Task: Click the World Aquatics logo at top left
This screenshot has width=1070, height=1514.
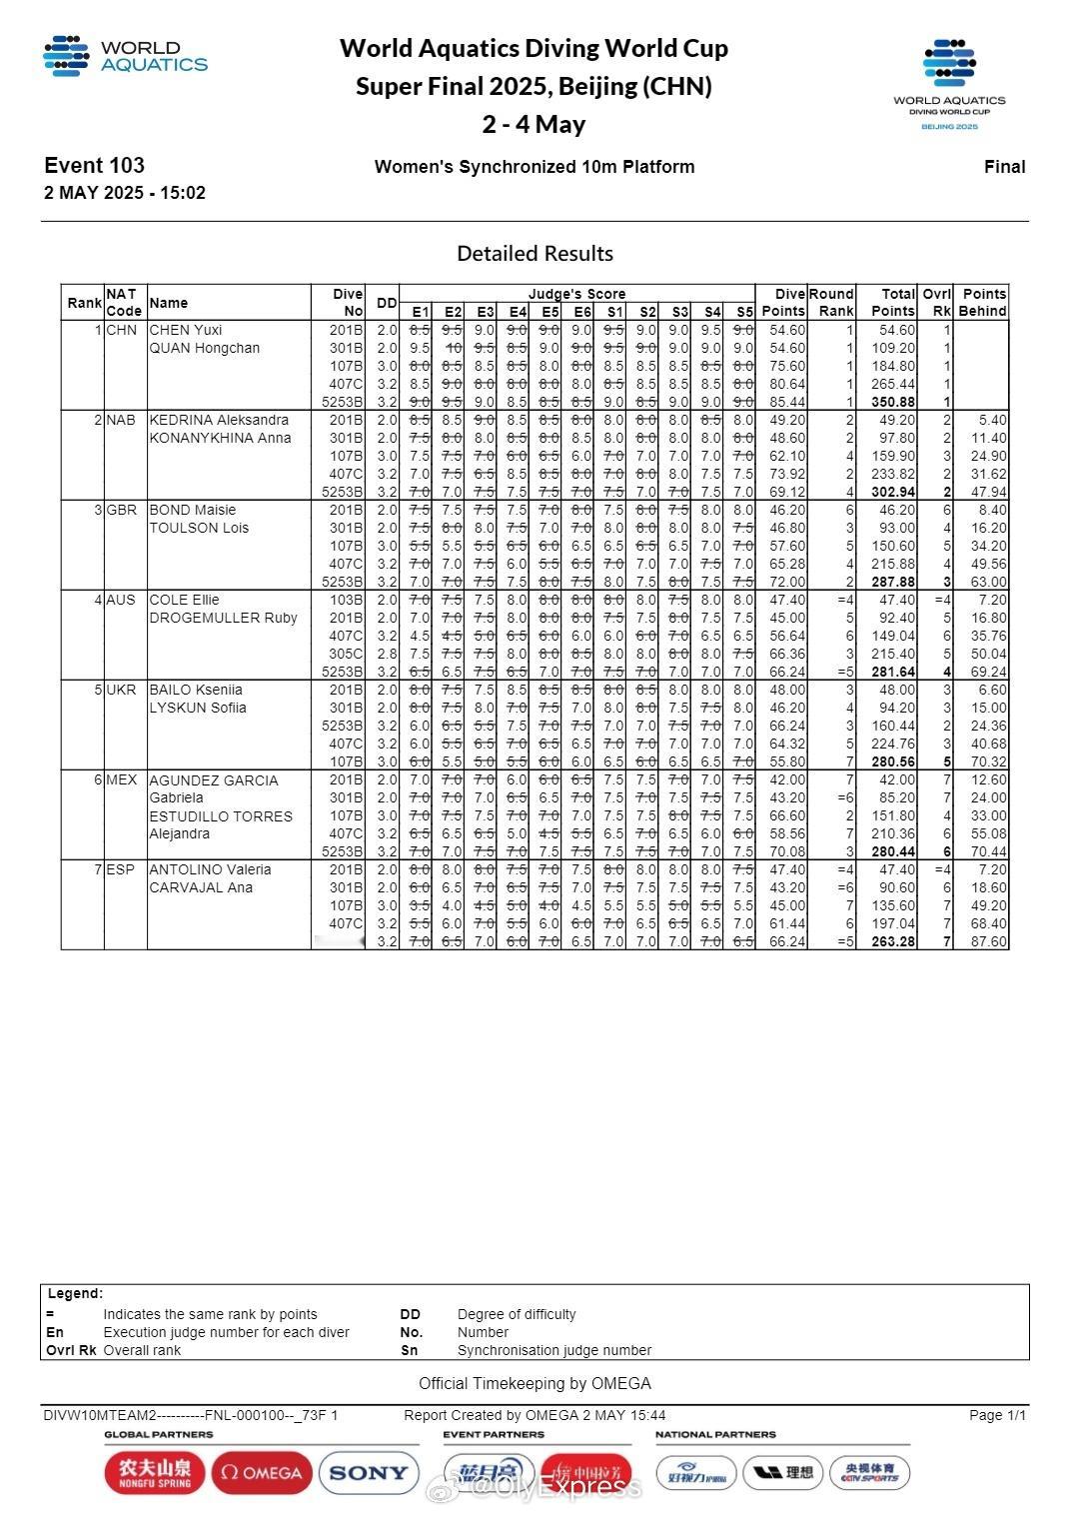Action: [x=125, y=56]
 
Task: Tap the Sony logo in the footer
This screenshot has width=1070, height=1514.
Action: [x=368, y=1472]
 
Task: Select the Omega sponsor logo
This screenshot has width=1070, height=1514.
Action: [x=262, y=1472]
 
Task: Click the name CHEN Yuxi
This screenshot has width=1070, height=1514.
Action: [x=186, y=330]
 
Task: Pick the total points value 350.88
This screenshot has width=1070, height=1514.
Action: [x=893, y=402]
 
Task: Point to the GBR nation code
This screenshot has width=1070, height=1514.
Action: [x=121, y=510]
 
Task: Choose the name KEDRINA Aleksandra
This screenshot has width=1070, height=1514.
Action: [x=219, y=420]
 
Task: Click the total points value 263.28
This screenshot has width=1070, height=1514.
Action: [x=893, y=941]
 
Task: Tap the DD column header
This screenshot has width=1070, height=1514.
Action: [x=387, y=303]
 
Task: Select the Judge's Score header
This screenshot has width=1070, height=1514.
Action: [x=576, y=294]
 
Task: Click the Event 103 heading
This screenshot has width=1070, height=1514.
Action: [x=94, y=166]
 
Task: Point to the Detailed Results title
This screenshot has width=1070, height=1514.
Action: [x=535, y=253]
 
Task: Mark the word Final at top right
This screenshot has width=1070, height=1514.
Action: [x=1004, y=167]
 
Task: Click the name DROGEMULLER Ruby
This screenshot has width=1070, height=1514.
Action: [x=223, y=618]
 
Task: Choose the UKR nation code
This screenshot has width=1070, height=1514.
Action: [x=121, y=690]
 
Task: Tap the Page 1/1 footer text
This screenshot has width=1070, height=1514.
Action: [x=997, y=1415]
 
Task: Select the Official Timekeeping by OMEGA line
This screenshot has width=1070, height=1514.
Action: [x=535, y=1383]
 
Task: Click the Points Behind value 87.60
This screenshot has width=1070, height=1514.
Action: [x=983, y=941]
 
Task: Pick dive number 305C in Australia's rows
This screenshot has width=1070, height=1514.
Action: [x=346, y=654]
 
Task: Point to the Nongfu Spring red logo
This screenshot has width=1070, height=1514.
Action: [x=155, y=1472]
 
